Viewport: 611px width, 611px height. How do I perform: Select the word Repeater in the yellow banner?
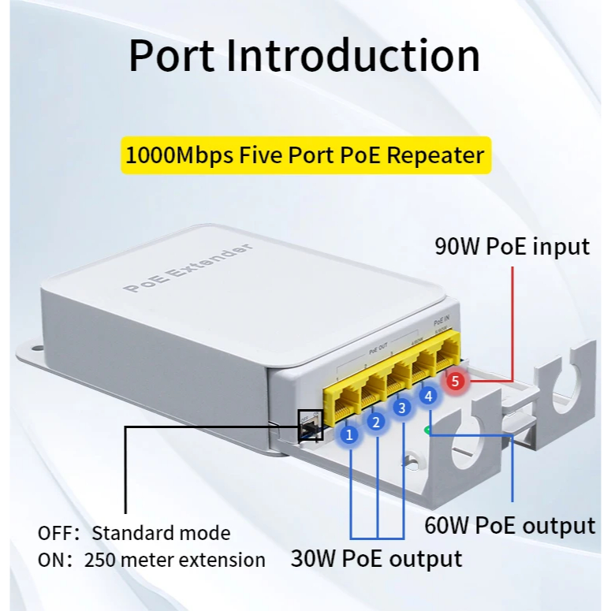tap(436, 155)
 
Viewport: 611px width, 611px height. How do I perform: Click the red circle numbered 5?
tap(455, 382)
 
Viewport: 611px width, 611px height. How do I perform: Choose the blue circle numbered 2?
tap(376, 423)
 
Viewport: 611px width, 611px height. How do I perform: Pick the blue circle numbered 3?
tap(402, 408)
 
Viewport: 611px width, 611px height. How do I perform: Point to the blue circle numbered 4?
tap(428, 396)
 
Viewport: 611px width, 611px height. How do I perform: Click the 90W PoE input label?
tap(512, 247)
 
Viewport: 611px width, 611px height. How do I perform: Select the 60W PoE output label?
tap(509, 525)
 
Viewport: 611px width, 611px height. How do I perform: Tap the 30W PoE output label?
tap(376, 559)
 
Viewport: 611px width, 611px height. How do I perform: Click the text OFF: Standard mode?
tap(134, 533)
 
